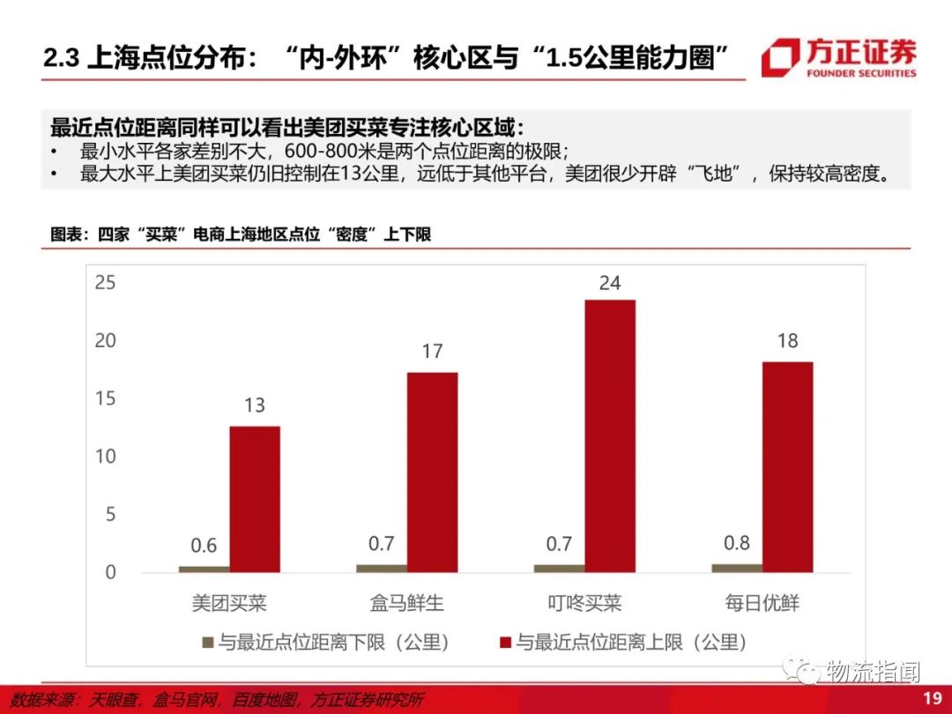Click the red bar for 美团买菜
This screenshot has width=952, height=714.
255,499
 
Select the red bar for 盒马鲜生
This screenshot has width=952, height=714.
432,472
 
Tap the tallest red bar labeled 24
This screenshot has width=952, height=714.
609,435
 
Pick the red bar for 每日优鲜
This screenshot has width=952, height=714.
787,466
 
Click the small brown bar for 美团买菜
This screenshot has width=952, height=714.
204,569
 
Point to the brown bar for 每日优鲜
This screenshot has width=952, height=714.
736,568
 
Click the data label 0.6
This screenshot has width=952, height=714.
205,546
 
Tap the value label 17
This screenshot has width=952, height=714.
432,352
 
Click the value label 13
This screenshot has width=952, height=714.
255,405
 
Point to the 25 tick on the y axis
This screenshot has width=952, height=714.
106,283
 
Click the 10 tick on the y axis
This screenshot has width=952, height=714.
106,457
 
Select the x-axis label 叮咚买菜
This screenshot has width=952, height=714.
584,604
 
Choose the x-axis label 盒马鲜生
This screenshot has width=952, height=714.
406,604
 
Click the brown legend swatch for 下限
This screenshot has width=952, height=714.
208,642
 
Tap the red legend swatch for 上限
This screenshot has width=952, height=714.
505,642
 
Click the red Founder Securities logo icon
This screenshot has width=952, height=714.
781,57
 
